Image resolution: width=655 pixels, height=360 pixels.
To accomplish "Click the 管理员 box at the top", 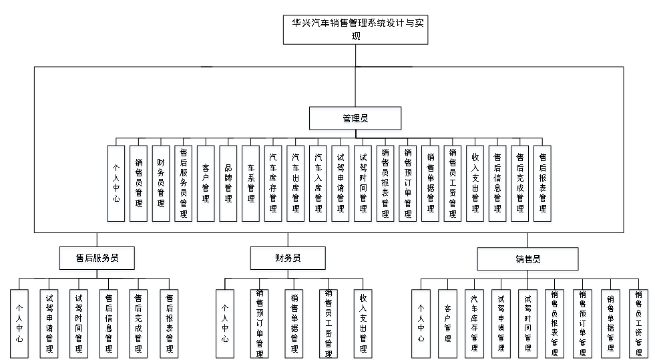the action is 355,120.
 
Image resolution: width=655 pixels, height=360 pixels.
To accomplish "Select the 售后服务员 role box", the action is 97,260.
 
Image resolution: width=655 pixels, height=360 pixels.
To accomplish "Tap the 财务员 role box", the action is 288,260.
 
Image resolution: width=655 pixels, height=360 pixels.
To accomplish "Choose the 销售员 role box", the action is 527,260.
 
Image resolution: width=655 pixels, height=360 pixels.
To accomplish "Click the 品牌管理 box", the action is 228,185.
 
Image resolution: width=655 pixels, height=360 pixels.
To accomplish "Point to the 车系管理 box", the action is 251,185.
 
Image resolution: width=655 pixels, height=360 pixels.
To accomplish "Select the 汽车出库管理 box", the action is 296,185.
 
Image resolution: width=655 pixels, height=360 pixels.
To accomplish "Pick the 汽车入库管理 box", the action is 318,185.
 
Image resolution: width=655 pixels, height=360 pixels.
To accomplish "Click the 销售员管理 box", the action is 139,185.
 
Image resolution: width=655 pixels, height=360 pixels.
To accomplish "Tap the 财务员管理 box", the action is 161,185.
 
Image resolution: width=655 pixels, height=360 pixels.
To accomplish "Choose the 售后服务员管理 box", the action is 184,185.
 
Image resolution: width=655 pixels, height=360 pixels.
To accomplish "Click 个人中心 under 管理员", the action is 116,185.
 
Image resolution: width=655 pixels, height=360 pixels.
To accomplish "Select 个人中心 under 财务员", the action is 225,325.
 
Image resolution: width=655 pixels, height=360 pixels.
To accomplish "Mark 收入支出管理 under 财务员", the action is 363,325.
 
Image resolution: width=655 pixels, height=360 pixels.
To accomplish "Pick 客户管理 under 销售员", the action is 448,325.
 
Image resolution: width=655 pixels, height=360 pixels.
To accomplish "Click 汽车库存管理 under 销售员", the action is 475,325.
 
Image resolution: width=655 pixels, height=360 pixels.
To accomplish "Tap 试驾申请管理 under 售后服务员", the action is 50,325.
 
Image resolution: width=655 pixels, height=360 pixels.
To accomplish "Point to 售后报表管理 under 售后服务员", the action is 170,325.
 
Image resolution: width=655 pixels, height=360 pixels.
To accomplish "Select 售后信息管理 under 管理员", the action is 498,185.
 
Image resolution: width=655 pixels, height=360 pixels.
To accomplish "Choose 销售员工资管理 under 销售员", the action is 639,325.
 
